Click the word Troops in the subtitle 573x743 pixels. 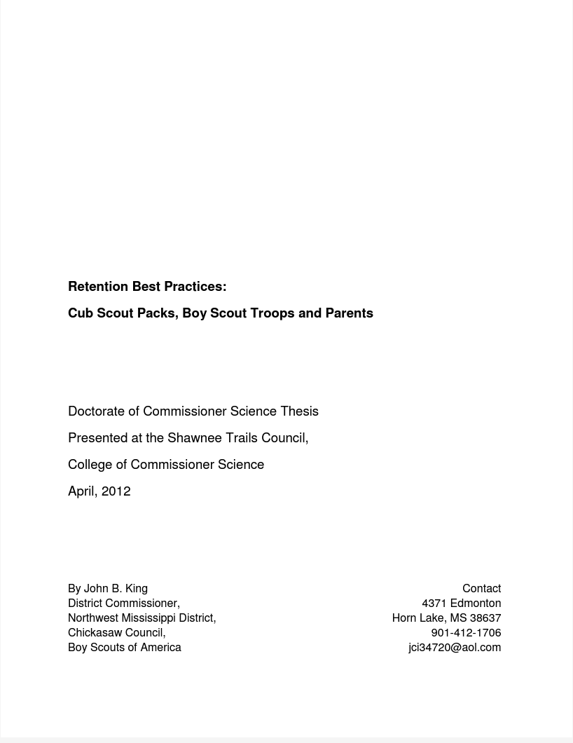pos(272,313)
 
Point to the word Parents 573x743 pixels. pos(349,313)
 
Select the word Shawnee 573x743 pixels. pos(193,438)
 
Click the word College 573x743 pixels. pos(90,465)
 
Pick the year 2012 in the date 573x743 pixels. pos(116,491)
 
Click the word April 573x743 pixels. pos(82,491)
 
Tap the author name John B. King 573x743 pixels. pos(116,589)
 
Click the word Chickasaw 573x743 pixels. pos(95,633)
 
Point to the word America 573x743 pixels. pos(160,648)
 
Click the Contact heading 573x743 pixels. pos(481,589)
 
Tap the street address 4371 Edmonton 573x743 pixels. pos(461,604)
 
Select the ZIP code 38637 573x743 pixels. pos(485,618)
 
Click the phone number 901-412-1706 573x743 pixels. pos(466,633)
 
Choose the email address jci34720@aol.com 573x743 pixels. pos(455,648)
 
